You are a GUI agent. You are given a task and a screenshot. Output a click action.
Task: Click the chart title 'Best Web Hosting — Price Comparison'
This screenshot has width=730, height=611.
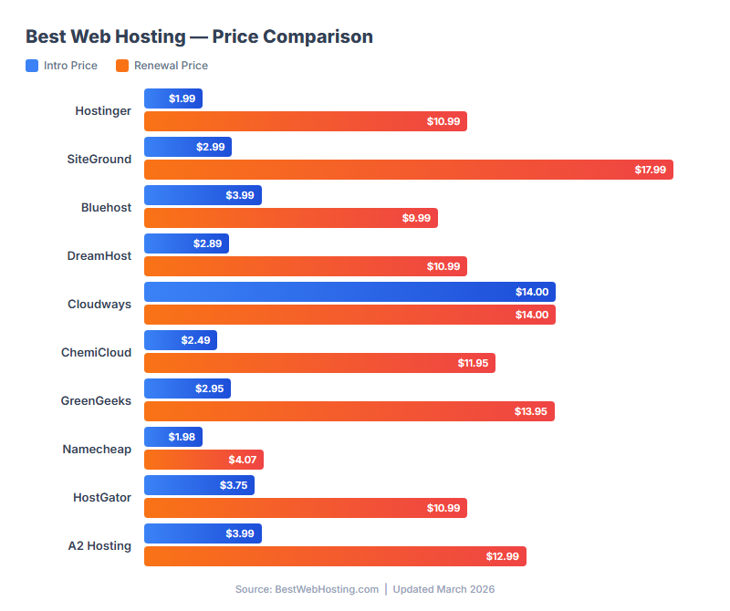[x=199, y=37]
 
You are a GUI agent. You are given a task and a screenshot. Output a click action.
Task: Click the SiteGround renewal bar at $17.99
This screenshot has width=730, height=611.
[x=408, y=170]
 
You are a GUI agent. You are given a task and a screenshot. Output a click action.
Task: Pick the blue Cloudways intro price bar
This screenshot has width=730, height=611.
[x=349, y=292]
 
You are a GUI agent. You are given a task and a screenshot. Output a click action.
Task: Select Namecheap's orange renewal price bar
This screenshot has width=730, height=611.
[x=203, y=460]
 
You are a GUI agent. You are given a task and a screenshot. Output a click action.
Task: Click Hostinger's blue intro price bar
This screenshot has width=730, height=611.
[x=173, y=98]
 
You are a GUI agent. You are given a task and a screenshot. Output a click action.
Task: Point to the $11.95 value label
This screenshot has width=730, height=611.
[x=473, y=363]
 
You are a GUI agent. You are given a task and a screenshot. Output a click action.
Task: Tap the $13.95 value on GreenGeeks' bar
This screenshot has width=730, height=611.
[x=530, y=411]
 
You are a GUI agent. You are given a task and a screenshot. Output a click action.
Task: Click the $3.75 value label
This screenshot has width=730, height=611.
[x=234, y=485]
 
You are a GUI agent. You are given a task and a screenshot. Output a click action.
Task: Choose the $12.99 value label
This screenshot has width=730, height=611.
[x=502, y=556]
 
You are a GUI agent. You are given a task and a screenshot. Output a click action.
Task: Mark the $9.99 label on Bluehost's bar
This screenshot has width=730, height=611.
[x=415, y=218]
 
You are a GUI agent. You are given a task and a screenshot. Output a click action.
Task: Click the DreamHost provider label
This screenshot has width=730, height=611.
[x=99, y=256]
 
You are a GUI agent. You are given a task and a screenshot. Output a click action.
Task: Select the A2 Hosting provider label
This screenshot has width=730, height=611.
[x=99, y=545]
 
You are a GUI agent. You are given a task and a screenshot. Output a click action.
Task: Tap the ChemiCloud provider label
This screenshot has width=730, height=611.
[x=96, y=353]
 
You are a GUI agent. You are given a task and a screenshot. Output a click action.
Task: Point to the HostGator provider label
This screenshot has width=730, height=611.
[x=102, y=497]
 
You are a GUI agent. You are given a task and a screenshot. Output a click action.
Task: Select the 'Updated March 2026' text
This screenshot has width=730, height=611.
[x=443, y=589]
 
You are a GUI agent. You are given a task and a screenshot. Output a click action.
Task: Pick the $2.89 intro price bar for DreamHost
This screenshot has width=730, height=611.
[x=186, y=243]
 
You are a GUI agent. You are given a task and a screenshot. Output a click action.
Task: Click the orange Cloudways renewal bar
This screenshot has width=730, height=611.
[x=349, y=315]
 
